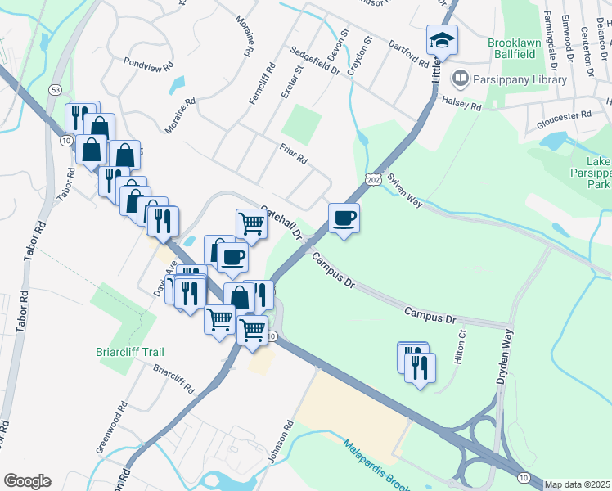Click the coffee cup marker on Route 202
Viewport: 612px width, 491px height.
(344, 218)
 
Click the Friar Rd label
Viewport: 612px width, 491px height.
(292, 151)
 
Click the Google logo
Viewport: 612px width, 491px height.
(27, 481)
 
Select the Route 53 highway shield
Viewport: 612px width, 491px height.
(56, 87)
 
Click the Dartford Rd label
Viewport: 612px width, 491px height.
(408, 54)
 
